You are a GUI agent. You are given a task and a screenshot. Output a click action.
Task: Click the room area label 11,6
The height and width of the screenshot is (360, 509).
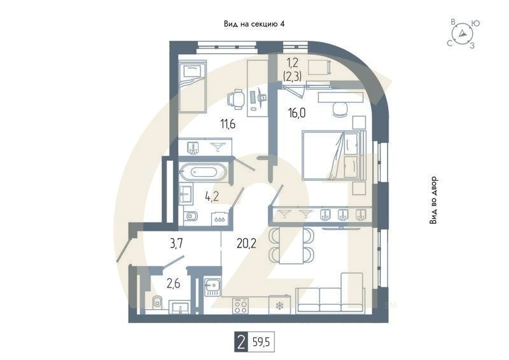(x=211, y=124)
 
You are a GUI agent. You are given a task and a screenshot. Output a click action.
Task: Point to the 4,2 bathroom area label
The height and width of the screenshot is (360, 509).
(x=212, y=196)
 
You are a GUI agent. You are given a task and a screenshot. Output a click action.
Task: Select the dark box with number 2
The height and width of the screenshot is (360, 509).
(x=241, y=343)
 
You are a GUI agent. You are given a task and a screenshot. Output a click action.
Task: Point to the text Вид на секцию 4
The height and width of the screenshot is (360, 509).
(x=254, y=24)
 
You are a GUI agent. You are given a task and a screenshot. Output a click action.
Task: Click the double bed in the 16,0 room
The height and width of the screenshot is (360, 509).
(x=333, y=155)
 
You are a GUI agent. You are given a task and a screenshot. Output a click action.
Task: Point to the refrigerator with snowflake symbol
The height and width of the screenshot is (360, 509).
(x=278, y=307)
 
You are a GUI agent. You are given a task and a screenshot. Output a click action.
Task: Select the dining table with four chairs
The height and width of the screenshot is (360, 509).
(x=293, y=245)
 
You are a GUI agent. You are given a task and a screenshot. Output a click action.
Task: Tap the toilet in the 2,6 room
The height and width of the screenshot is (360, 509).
(x=157, y=303)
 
